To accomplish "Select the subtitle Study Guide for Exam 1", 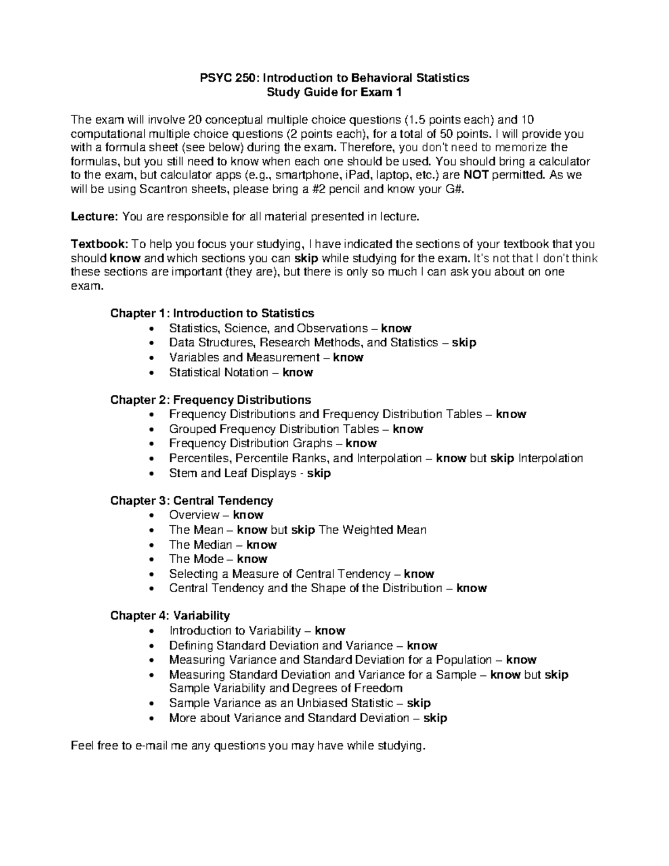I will click(x=334, y=92).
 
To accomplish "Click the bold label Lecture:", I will click(x=94, y=216).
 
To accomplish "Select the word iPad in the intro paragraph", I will click(x=359, y=175).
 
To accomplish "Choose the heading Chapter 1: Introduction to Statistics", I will click(x=212, y=313).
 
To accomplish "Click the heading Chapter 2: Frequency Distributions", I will click(x=210, y=400).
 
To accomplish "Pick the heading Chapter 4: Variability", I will click(x=169, y=616).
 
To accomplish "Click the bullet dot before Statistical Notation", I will click(x=153, y=372).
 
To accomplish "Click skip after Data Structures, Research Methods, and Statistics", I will click(x=464, y=342).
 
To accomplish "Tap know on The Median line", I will click(x=261, y=545).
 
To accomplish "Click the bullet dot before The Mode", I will click(x=153, y=559).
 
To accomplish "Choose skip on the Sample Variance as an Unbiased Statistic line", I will click(x=419, y=703).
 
